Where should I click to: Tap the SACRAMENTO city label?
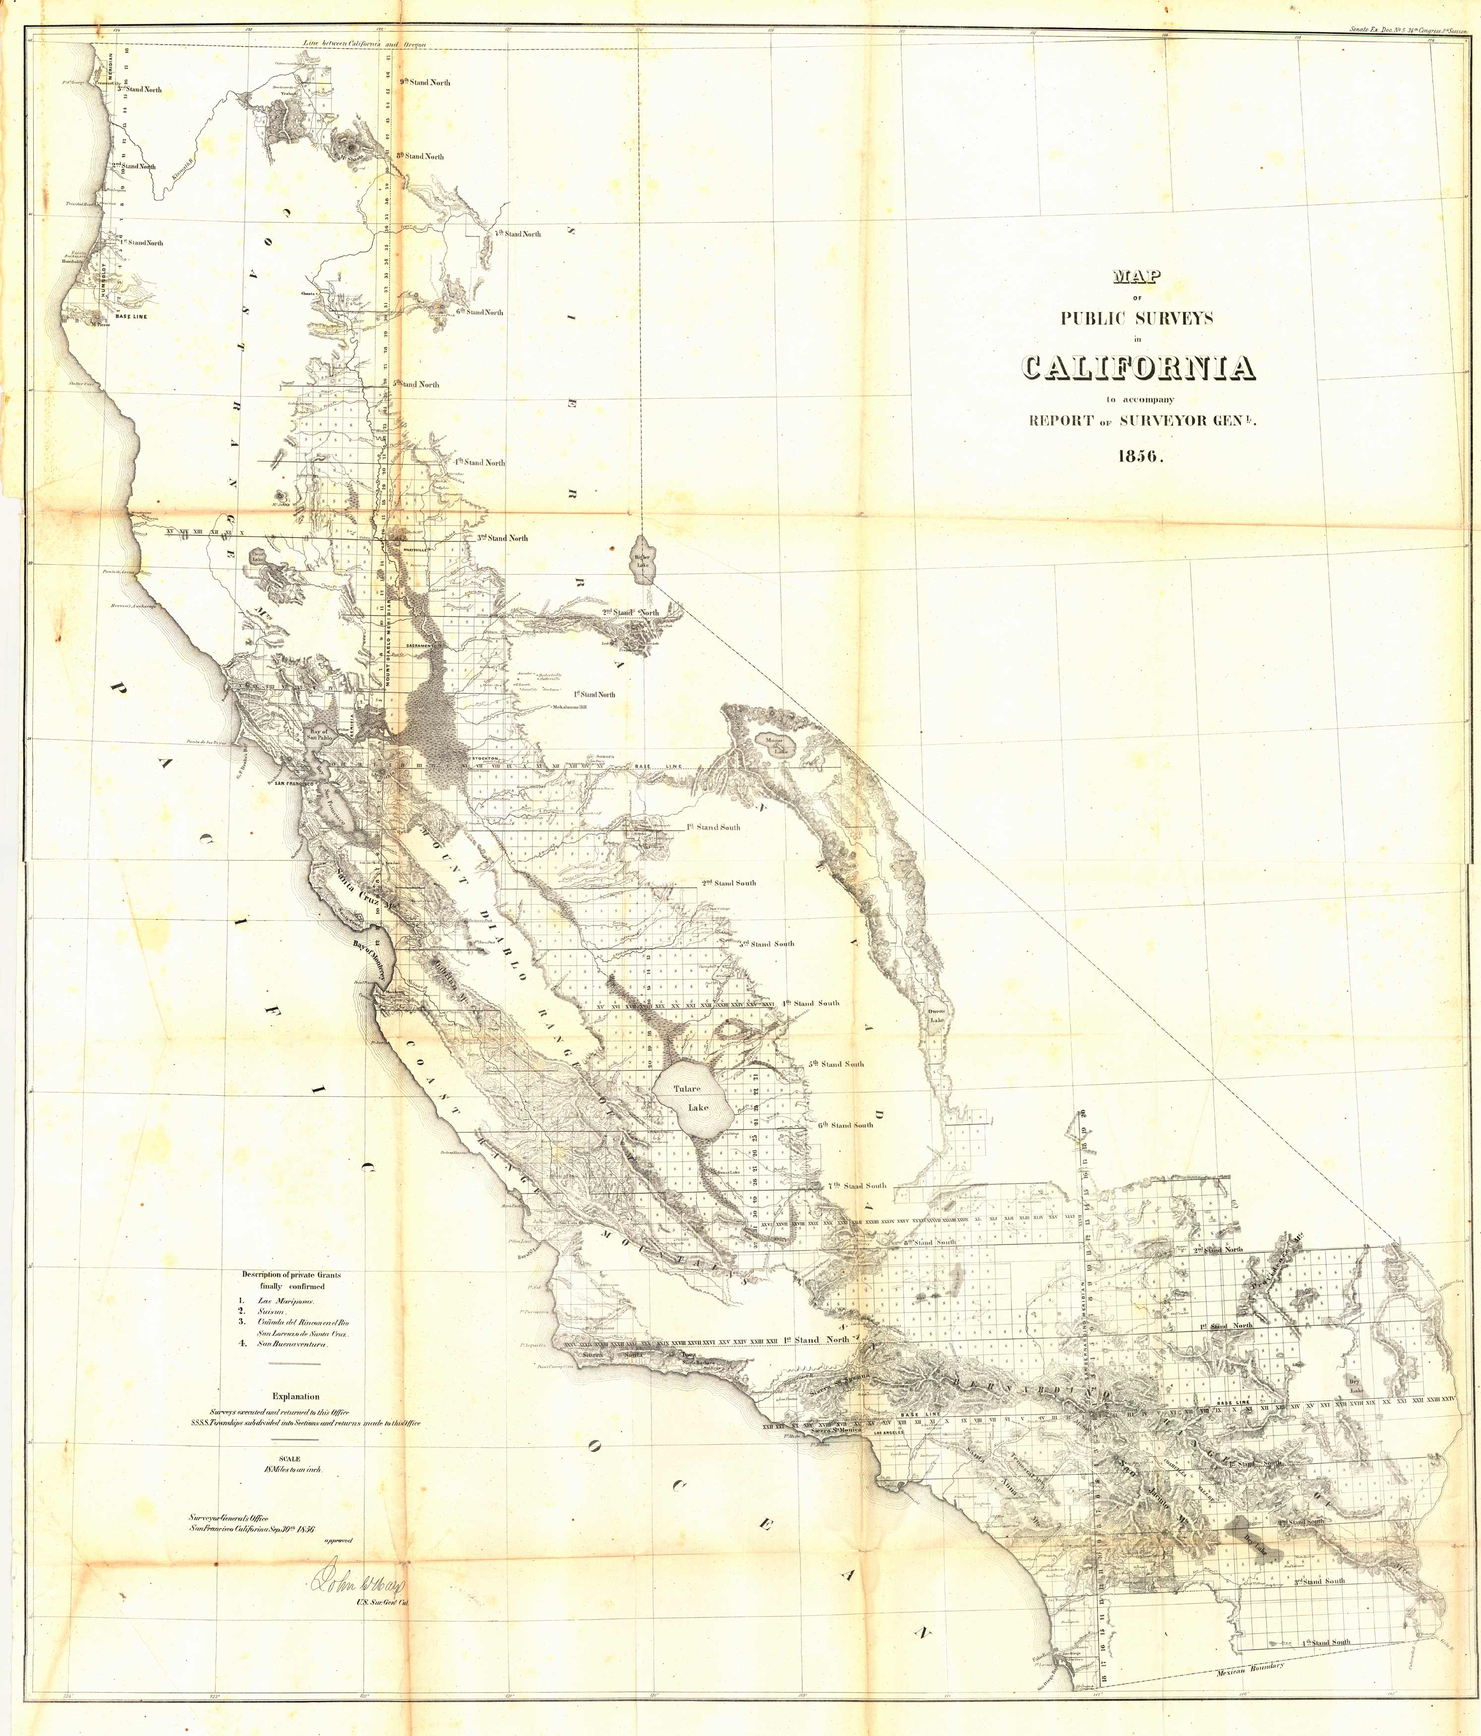[425, 645]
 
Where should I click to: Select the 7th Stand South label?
[856, 1185]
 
